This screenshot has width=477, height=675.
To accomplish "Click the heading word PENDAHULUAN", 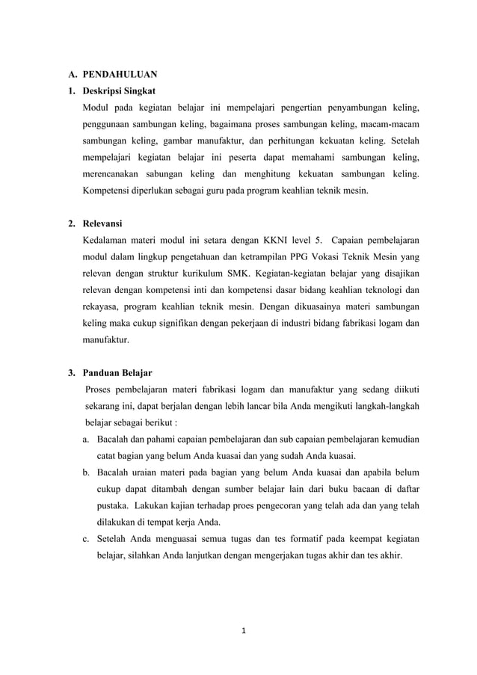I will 120,75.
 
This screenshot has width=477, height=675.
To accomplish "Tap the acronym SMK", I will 244,274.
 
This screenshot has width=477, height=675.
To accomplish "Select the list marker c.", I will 87,538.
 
